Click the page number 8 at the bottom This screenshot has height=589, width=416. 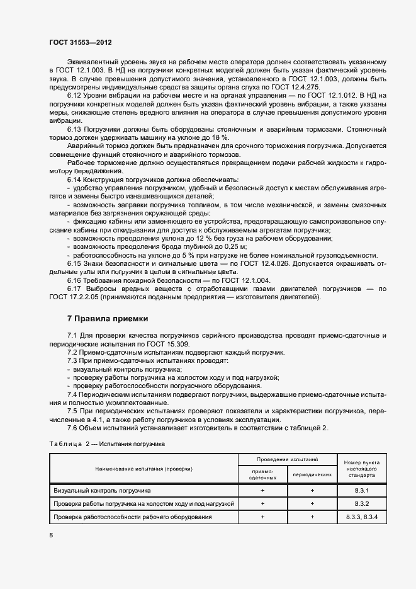(x=51, y=535)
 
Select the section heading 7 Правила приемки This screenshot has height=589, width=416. (x=108, y=318)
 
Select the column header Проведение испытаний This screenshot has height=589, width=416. (x=287, y=460)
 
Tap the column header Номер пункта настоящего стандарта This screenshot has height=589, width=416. (x=361, y=470)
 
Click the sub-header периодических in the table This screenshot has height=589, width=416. (x=312, y=475)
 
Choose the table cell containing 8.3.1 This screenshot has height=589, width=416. (x=361, y=489)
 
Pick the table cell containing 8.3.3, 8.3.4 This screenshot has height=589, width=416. (x=361, y=517)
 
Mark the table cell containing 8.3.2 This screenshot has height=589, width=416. (x=361, y=503)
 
